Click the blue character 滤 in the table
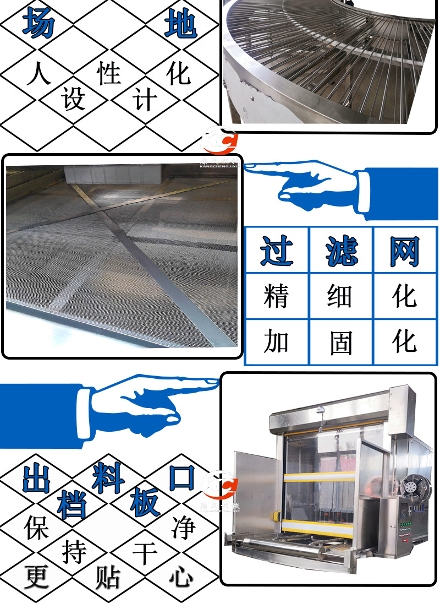click(341, 251)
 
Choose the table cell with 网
click(405, 251)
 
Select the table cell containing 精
click(277, 296)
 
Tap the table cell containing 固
click(341, 342)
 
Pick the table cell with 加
click(277, 342)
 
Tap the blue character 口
click(181, 477)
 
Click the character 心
click(182, 577)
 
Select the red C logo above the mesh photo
click(219, 141)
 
